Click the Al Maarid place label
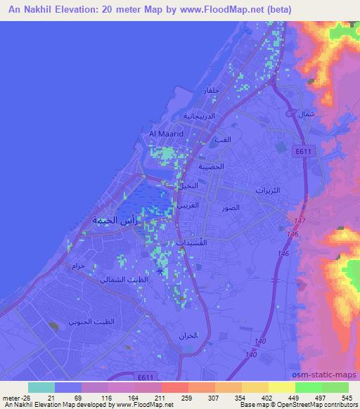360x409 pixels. pyautogui.click(x=166, y=132)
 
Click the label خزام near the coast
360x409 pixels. pyautogui.click(x=78, y=266)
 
